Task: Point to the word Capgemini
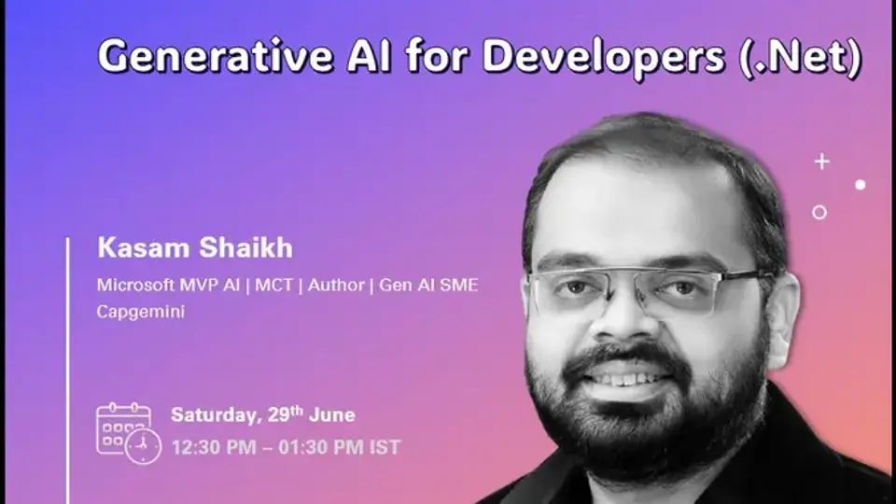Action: [x=140, y=312]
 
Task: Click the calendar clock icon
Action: [x=128, y=431]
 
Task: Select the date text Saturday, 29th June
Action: [x=262, y=415]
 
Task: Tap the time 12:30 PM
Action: [x=213, y=448]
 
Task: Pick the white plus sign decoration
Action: [x=821, y=161]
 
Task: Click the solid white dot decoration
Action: [x=860, y=185]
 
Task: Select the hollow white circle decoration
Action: [x=819, y=212]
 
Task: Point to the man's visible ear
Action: [x=782, y=317]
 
